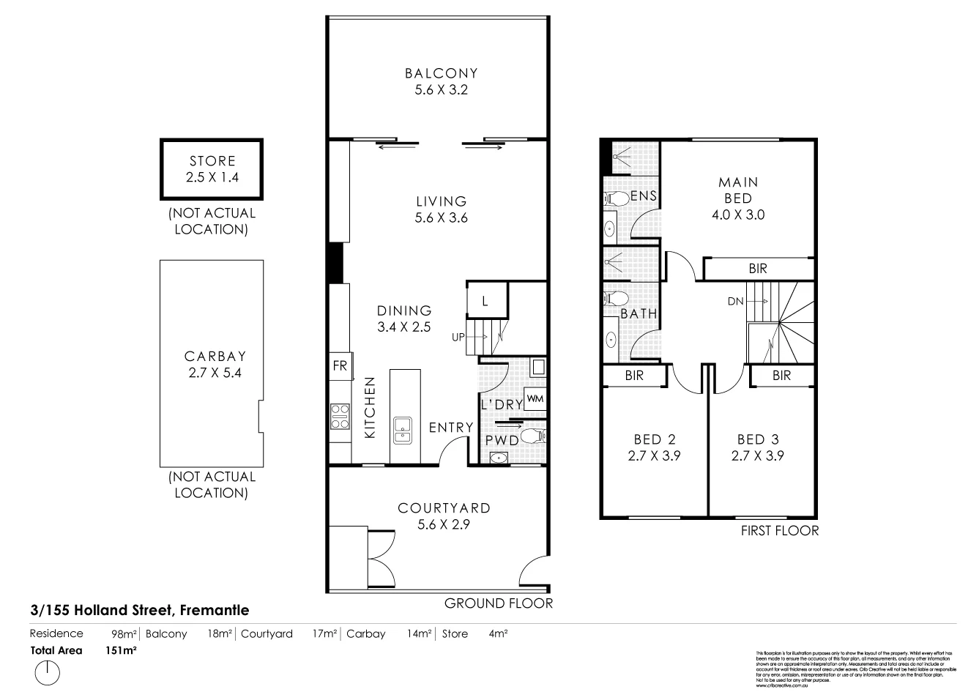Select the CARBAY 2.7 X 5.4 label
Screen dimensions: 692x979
tap(215, 365)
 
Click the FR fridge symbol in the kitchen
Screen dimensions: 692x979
tap(340, 366)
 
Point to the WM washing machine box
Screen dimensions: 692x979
tap(535, 399)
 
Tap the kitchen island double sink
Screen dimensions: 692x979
tap(402, 431)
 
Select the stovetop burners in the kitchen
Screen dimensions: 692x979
tap(340, 417)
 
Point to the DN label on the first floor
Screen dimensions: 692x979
tap(736, 301)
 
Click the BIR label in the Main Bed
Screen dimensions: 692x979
tap(758, 269)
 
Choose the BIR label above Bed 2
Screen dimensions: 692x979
tap(634, 375)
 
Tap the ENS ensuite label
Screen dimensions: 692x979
tap(644, 196)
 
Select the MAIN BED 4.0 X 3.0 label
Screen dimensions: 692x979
tap(738, 198)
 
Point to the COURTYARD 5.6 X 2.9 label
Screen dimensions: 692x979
tap(444, 516)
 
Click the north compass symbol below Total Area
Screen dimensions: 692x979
tap(47, 672)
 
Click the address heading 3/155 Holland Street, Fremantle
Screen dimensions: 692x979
tap(140, 609)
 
